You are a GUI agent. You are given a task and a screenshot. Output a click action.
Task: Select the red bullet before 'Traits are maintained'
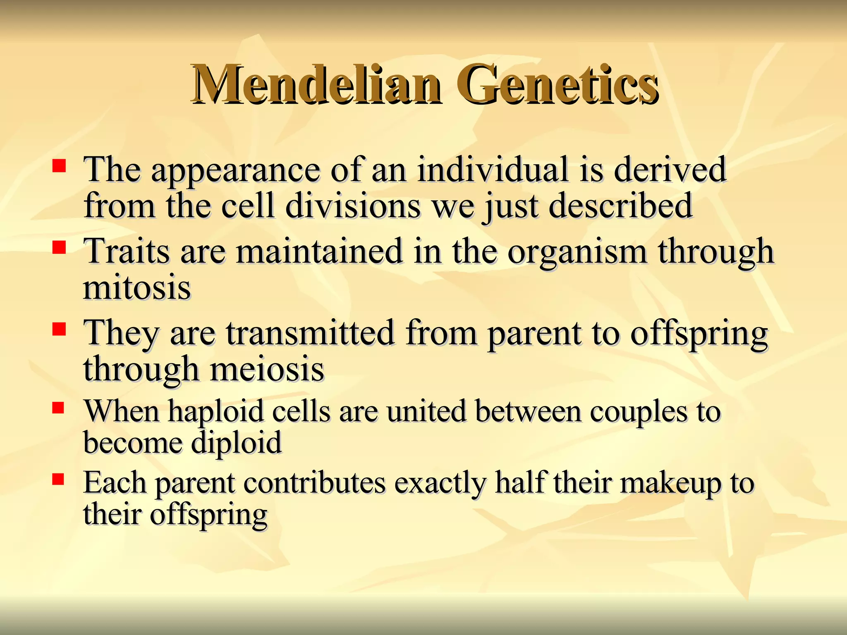[x=59, y=248]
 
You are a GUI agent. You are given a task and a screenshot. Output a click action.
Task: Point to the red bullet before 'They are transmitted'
[x=59, y=329]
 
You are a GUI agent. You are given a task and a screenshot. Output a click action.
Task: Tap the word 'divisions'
[x=353, y=205]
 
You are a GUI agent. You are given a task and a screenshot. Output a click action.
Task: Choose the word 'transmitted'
[x=310, y=333]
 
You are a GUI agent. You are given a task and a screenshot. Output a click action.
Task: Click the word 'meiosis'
[x=267, y=369]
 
